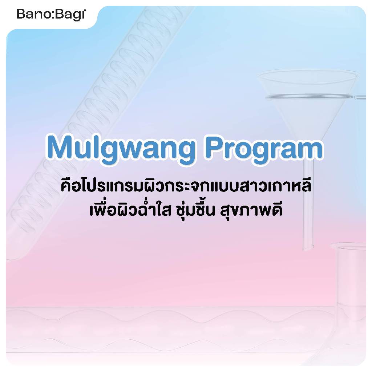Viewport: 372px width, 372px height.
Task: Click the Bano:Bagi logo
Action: click(51, 15)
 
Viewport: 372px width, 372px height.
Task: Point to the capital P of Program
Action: click(215, 147)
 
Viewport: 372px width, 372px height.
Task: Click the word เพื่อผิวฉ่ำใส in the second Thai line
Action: click(130, 209)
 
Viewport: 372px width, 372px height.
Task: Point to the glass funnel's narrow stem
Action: click(308, 204)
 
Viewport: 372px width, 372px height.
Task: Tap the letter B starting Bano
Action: click(20, 15)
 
